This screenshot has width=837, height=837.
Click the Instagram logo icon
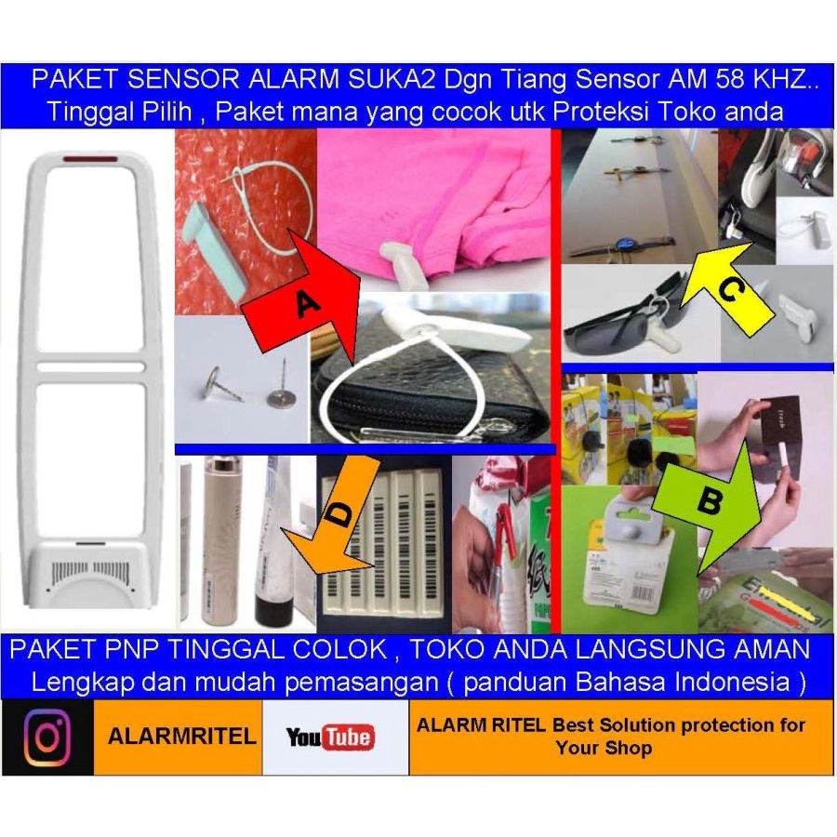[x=47, y=737]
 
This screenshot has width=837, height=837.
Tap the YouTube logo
[x=330, y=738]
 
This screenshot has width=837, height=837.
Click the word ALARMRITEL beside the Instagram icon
[x=181, y=737]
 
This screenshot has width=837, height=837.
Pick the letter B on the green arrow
[x=709, y=502]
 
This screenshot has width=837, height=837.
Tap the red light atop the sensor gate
[x=90, y=159]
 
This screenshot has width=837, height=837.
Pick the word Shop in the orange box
[x=632, y=748]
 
